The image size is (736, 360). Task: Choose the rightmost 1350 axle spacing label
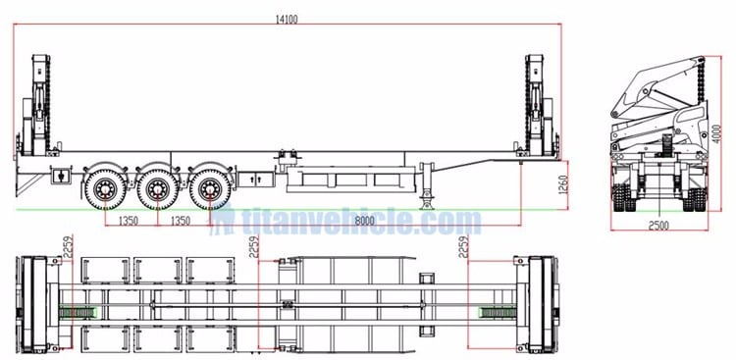[x=180, y=222]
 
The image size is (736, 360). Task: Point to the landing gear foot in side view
[x=428, y=203]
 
